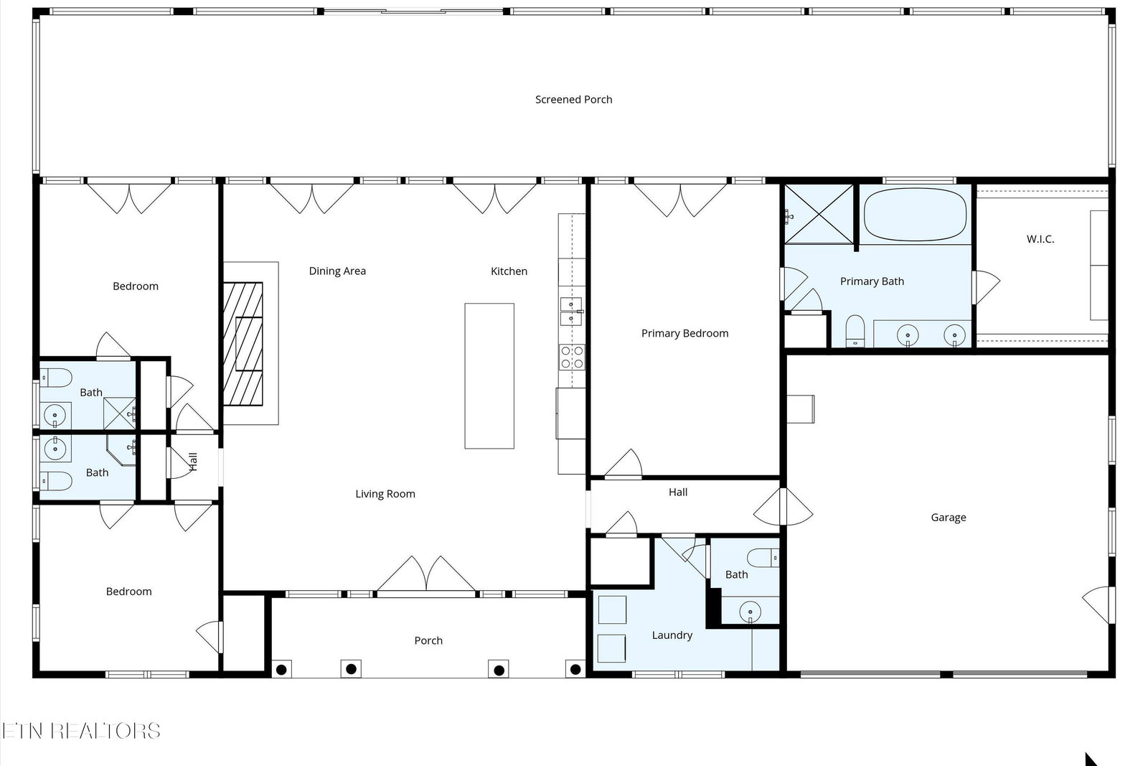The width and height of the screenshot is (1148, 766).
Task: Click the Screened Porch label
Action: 573,100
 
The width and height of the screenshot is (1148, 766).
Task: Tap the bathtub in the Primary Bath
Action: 915,215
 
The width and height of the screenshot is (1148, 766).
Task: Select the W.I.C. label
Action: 1040,239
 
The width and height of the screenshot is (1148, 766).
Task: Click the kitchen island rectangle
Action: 489,376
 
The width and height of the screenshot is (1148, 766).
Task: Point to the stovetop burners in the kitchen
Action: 572,357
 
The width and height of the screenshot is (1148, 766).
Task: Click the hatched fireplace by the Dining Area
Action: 243,344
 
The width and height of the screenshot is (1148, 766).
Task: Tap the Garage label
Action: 948,518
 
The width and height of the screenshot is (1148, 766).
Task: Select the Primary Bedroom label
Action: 684,333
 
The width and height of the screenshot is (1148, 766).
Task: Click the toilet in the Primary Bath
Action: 855,331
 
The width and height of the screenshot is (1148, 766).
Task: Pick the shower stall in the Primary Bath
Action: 819,215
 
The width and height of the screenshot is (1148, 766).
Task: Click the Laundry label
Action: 672,635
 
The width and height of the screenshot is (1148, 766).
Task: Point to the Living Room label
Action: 385,494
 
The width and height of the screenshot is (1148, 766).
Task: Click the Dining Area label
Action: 337,271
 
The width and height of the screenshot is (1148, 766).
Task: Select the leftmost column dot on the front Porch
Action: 281,670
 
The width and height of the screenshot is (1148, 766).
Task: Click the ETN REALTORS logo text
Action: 81,731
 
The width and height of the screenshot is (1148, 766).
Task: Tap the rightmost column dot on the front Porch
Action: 575,670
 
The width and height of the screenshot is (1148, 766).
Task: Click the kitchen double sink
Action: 571,312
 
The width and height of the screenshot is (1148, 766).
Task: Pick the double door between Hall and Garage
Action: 783,507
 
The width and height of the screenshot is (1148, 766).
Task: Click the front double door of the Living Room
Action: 426,574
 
